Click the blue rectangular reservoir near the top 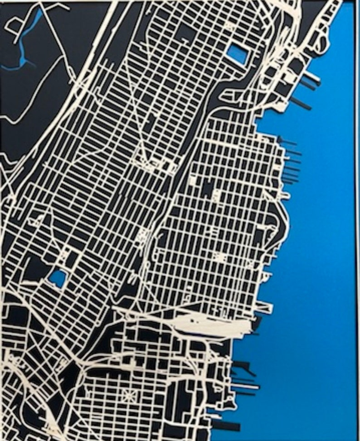coord(238,54)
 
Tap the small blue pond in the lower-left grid coord(58,277)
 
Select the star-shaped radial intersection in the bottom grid coord(129,395)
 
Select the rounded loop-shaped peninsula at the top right coord(323,42)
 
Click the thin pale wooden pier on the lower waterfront coord(245,386)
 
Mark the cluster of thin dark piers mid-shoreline coord(290,163)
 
